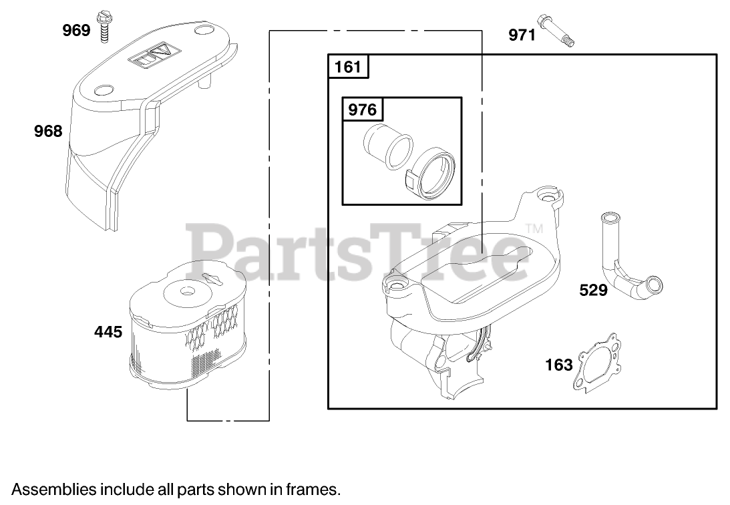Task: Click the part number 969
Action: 76,30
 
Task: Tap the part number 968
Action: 48,131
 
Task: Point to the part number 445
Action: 108,332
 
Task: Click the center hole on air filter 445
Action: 187,292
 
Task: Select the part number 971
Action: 522,35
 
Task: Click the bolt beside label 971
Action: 556,31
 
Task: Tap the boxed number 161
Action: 348,67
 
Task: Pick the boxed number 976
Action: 362,110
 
